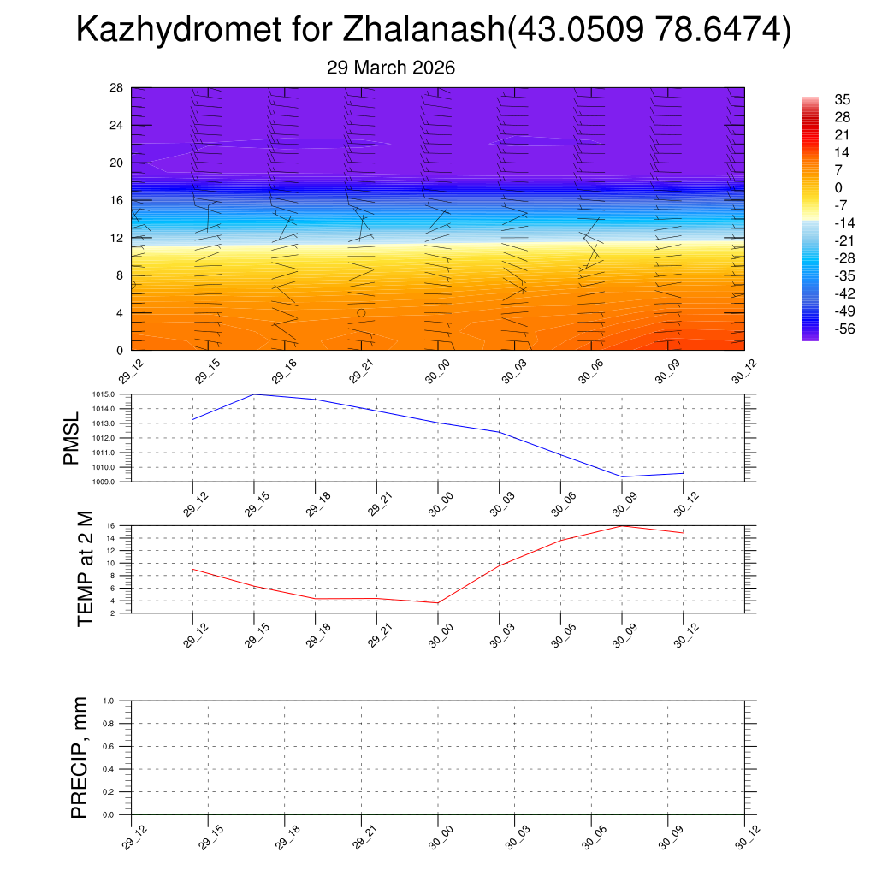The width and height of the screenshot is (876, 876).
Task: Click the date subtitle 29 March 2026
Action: tap(391, 68)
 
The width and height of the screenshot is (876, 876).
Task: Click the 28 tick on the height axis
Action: tap(117, 88)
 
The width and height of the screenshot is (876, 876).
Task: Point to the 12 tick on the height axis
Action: tap(117, 237)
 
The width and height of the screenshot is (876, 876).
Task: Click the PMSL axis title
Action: tap(71, 438)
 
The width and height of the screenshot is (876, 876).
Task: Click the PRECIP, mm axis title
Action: tap(80, 758)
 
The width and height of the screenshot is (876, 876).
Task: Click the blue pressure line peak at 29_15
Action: tap(254, 394)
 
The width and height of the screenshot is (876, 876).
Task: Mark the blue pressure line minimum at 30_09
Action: tap(622, 476)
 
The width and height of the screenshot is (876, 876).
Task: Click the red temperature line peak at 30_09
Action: tap(622, 525)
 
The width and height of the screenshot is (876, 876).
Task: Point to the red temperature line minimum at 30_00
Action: tap(438, 603)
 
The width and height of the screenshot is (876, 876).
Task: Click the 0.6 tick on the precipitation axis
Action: tap(120, 746)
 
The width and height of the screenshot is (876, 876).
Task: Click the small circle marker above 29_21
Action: tap(361, 313)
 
